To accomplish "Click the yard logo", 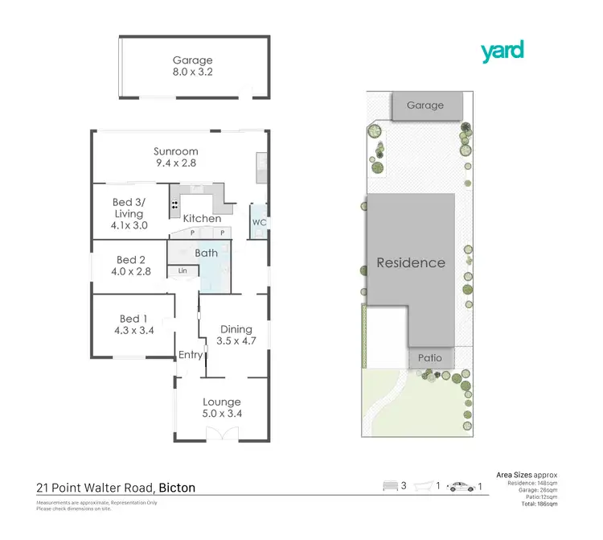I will click(503, 52).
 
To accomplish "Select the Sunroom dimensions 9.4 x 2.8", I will click(177, 163).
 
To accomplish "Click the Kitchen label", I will click(202, 218).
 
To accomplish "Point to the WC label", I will click(259, 222).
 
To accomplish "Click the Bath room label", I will click(206, 253).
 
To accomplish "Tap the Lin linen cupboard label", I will click(183, 271).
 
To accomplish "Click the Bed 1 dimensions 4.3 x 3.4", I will click(133, 328).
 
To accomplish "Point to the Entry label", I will click(191, 355).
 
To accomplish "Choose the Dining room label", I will click(236, 329).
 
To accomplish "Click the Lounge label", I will click(222, 402).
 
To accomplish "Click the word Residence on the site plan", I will click(411, 262).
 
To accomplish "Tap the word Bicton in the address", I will click(177, 487).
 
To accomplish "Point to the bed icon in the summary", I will click(392, 486).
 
